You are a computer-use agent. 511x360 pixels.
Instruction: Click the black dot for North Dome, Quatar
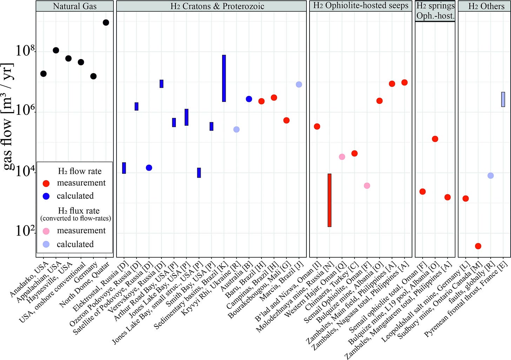click(x=106, y=22)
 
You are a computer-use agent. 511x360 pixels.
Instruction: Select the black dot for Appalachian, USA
click(x=56, y=50)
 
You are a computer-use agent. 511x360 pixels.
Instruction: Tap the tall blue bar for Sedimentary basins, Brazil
click(x=224, y=78)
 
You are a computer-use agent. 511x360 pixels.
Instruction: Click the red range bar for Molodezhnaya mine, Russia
click(x=330, y=200)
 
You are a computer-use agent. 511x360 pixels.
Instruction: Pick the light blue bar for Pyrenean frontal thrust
click(x=503, y=99)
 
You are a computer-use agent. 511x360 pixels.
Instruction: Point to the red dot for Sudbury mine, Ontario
click(x=478, y=246)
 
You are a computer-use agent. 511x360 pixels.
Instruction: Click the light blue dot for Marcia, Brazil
click(x=299, y=84)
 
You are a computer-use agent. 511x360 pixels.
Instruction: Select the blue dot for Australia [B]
click(x=249, y=99)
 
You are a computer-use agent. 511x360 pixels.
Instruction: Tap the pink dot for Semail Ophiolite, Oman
click(x=367, y=185)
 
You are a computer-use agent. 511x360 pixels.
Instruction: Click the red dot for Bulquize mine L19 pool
click(x=435, y=139)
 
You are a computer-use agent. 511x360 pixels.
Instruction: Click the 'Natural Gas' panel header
click(x=75, y=6)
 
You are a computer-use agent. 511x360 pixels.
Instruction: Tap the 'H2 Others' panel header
click(x=486, y=6)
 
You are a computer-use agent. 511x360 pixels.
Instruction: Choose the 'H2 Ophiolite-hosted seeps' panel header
click(x=361, y=6)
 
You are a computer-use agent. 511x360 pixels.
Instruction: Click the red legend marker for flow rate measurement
click(x=46, y=183)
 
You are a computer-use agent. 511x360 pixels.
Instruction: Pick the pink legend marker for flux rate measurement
click(x=46, y=231)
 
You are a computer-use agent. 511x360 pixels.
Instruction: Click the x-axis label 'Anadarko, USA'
click(x=29, y=279)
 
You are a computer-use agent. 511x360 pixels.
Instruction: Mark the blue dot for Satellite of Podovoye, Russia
click(x=149, y=168)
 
